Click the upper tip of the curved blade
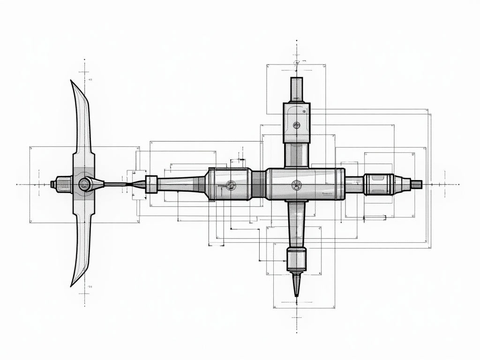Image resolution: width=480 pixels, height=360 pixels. click(72, 82)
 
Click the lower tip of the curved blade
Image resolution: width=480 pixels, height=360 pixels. click(72, 285)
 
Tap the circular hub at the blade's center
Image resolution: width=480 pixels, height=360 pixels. click(84, 184)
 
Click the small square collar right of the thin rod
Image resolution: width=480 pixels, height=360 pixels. click(151, 184)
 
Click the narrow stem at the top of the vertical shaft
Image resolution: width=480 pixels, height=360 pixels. click(297, 89)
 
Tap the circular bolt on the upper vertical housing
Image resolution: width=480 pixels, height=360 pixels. click(296, 125)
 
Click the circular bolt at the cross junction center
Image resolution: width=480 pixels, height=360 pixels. click(296, 184)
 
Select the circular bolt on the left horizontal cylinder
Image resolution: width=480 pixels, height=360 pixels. click(230, 184)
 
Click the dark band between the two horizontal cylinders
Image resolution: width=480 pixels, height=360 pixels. click(258, 184)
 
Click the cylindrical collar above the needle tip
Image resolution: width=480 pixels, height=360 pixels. click(296, 259)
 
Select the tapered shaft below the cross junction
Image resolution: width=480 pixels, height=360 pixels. click(296, 223)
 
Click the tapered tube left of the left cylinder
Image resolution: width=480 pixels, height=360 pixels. click(180, 184)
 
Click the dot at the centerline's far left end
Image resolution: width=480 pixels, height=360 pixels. click(17, 184)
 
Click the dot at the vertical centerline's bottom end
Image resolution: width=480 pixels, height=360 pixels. click(296, 331)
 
